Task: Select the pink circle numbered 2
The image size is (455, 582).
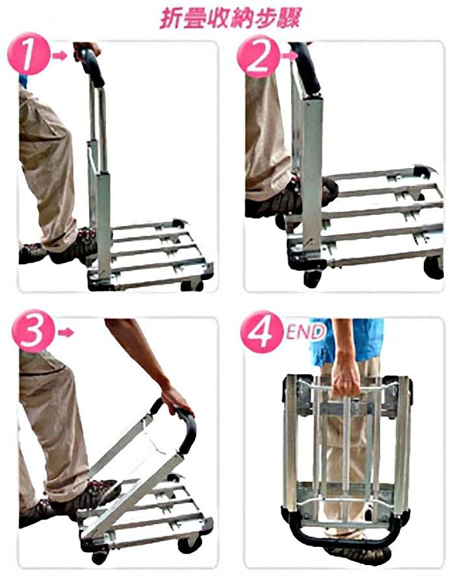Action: click(258, 57)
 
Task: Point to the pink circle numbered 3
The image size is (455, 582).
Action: click(32, 331)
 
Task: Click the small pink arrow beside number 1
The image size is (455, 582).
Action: click(59, 56)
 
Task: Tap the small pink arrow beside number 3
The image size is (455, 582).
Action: click(66, 332)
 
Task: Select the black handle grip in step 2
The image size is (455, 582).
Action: click(305, 67)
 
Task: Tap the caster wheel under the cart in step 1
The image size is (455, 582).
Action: click(192, 285)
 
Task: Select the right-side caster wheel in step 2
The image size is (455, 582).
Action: click(434, 267)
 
